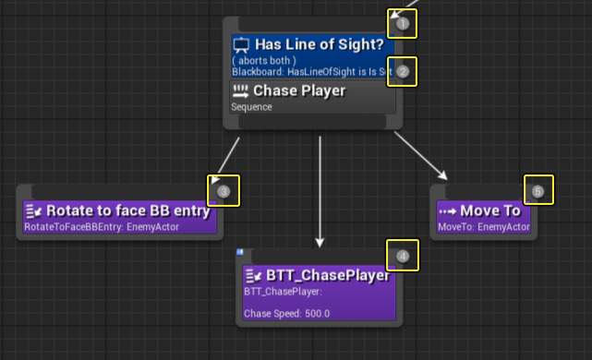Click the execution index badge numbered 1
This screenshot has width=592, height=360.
pyautogui.click(x=403, y=23)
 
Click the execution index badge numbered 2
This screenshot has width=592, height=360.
pyautogui.click(x=403, y=71)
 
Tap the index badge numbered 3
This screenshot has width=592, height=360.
pyautogui.click(x=224, y=191)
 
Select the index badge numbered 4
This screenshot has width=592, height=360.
pyautogui.click(x=403, y=256)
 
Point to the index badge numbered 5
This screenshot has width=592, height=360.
pyautogui.click(x=538, y=191)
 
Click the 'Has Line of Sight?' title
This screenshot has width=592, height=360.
pyautogui.click(x=324, y=44)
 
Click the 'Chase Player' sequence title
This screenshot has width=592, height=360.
pyautogui.click(x=299, y=90)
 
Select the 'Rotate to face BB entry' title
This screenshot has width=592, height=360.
pyautogui.click(x=128, y=210)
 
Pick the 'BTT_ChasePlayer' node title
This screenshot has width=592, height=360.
pyautogui.click(x=331, y=275)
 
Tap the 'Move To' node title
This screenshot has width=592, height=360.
pyautogui.click(x=491, y=210)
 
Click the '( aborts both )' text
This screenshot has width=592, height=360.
pyautogui.click(x=264, y=60)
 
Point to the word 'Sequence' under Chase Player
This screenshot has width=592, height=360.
pyautogui.click(x=251, y=106)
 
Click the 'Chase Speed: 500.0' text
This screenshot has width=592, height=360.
pyautogui.click(x=286, y=314)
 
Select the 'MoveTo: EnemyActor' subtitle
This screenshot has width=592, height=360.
pyautogui.click(x=483, y=227)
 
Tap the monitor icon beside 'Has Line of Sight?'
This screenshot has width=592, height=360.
pyautogui.click(x=241, y=44)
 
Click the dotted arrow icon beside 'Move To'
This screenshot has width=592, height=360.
pyautogui.click(x=448, y=210)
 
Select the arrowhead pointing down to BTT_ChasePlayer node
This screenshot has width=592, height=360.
pyautogui.click(x=320, y=242)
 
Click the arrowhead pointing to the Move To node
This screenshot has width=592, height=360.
pyautogui.click(x=443, y=175)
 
